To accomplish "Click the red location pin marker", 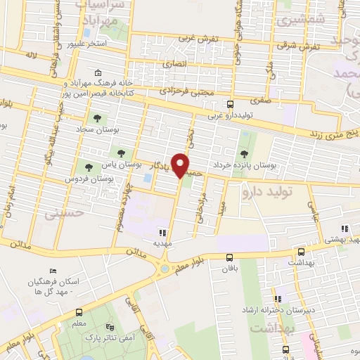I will [181, 165].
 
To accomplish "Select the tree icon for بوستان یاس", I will [122, 152].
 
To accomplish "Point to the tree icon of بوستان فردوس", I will [89, 167].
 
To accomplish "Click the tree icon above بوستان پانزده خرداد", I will [244, 153].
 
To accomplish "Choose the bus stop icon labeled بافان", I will [230, 258].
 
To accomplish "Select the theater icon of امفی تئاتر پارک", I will [109, 327].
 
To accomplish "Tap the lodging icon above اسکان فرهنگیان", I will [53, 271].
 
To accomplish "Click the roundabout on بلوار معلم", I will [165, 267].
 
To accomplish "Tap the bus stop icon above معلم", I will [79, 311].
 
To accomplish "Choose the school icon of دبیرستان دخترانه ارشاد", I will [281, 298].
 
